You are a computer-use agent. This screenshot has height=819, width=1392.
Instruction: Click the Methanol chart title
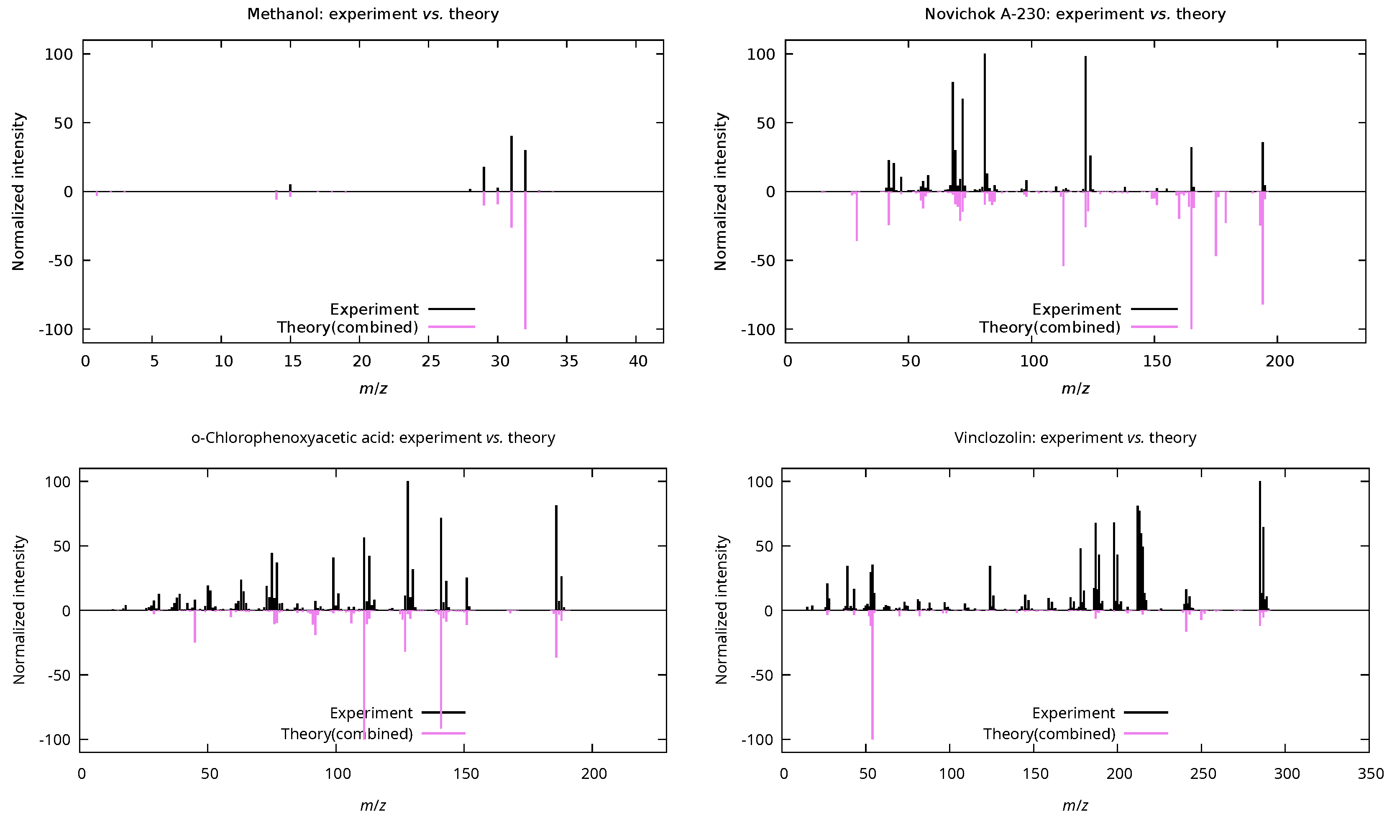[x=373, y=14]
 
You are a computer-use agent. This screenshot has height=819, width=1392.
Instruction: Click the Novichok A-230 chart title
[x=1075, y=14]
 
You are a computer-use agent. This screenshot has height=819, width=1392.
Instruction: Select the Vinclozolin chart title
[x=1075, y=437]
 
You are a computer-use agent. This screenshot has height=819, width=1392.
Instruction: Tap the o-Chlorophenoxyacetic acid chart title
[x=373, y=437]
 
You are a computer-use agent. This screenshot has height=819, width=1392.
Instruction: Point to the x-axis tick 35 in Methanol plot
[x=569, y=361]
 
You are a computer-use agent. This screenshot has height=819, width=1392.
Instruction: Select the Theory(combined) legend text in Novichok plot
[x=1049, y=327]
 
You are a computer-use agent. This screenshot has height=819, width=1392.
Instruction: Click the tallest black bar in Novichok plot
[x=984, y=122]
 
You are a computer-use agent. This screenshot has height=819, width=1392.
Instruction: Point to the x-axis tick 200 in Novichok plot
[x=1280, y=361]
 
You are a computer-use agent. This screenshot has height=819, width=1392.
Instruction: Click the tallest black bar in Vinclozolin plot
[x=1260, y=547]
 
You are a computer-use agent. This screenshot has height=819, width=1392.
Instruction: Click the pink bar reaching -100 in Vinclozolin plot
[x=872, y=679]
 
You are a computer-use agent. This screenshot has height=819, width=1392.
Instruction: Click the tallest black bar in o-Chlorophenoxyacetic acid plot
[x=408, y=547]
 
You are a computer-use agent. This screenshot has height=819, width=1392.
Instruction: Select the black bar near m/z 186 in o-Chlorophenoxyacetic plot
[x=556, y=557]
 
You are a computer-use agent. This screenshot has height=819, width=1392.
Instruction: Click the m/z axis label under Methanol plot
[x=373, y=389]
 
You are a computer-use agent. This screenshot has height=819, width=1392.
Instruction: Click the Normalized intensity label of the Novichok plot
[x=720, y=191]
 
